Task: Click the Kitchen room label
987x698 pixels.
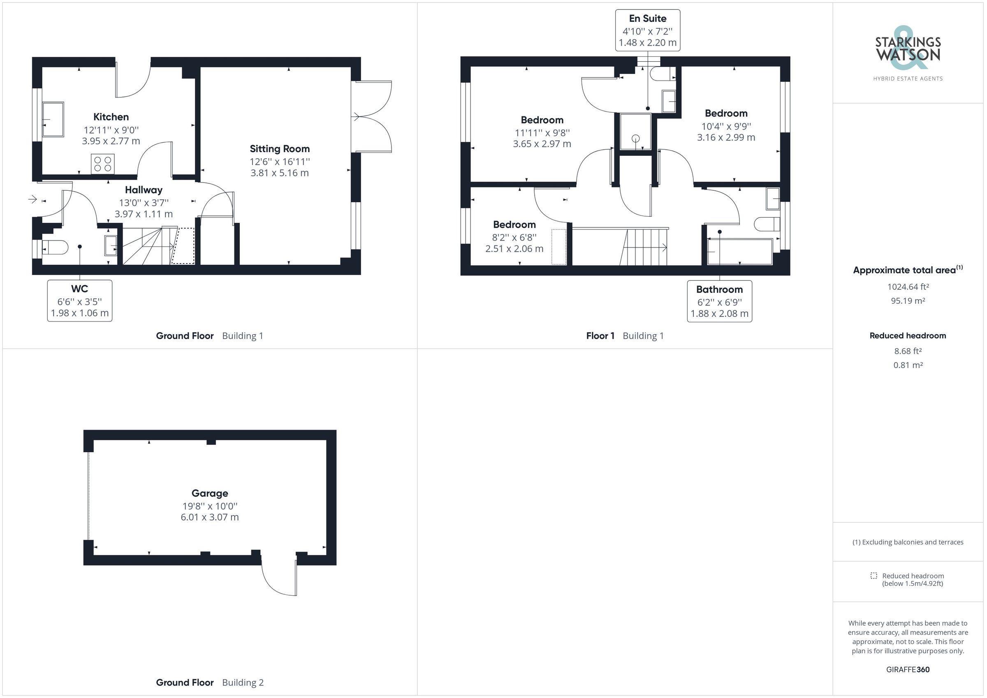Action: (111, 117)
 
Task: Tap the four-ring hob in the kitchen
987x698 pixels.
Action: (103, 164)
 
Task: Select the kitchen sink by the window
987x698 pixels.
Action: (53, 119)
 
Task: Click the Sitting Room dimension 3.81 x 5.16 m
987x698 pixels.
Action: (279, 173)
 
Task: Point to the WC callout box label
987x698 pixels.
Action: (79, 289)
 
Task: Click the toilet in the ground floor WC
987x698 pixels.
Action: (56, 247)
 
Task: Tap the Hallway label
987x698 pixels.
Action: (144, 190)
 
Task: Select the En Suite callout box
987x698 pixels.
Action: (647, 30)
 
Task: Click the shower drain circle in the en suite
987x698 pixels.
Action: (635, 139)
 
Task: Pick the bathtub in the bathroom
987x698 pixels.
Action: (739, 252)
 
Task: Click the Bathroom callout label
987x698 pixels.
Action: (719, 290)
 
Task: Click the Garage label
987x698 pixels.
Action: (210, 493)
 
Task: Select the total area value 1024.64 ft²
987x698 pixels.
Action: (908, 287)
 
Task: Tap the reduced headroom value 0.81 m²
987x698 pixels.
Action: (908, 365)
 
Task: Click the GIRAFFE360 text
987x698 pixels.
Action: (908, 669)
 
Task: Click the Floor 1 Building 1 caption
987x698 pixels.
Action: (625, 336)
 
